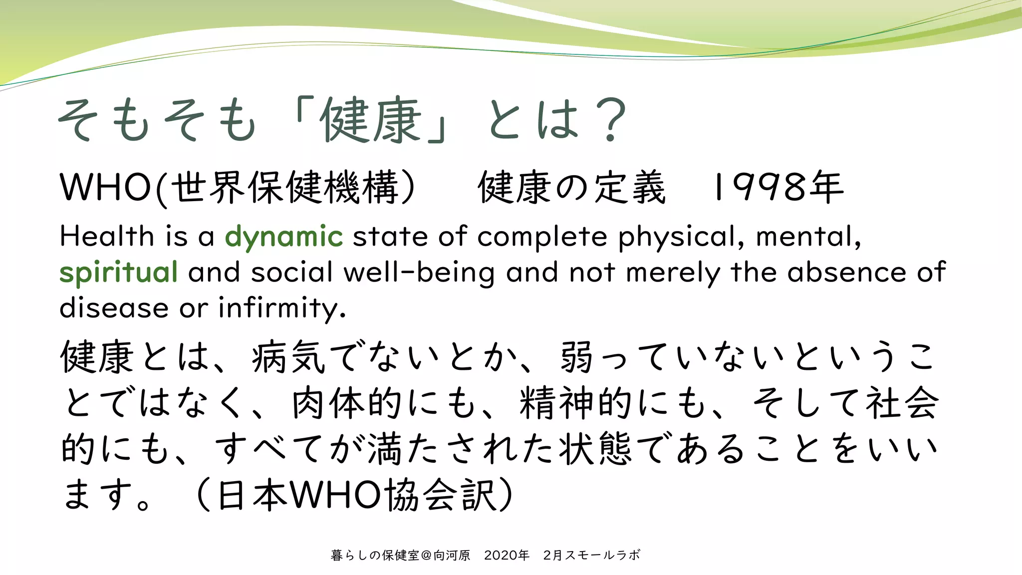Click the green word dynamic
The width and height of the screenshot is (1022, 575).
coord(283,237)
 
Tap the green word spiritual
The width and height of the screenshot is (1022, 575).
coord(118,272)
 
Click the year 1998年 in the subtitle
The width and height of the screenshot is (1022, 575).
coord(777,187)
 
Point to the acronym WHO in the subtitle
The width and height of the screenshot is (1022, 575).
coord(105,188)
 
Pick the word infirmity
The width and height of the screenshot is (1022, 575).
coord(282,307)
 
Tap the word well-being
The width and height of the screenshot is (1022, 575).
coord(419,273)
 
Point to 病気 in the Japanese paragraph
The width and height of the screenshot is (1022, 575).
coord(289,356)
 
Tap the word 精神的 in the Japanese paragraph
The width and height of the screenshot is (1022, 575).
coord(577,403)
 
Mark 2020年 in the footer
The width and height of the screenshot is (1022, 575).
coord(507,555)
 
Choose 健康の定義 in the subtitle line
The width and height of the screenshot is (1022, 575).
coord(572,188)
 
